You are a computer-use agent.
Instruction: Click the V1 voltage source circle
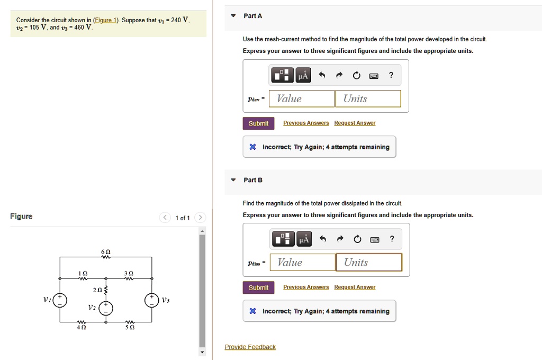(60, 300)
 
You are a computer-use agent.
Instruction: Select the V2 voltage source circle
(106, 308)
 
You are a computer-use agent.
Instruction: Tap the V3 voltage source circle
(152, 300)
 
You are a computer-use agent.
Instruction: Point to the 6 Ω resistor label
(105, 251)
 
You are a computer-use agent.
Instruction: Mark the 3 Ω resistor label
(129, 273)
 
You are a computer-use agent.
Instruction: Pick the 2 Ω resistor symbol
(106, 290)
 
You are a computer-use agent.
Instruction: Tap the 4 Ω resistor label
(82, 328)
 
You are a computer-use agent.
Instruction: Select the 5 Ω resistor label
(129, 328)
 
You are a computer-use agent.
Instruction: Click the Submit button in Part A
(258, 123)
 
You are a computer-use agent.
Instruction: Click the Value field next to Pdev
(302, 98)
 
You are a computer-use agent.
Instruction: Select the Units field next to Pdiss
(369, 263)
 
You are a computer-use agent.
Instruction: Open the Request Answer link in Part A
(355, 123)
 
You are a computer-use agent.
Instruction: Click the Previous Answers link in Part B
(306, 287)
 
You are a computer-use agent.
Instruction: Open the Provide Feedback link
(250, 347)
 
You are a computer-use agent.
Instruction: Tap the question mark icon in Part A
(391, 75)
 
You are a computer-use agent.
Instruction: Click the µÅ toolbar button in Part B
(303, 239)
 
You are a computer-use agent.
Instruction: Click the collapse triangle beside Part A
(233, 16)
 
